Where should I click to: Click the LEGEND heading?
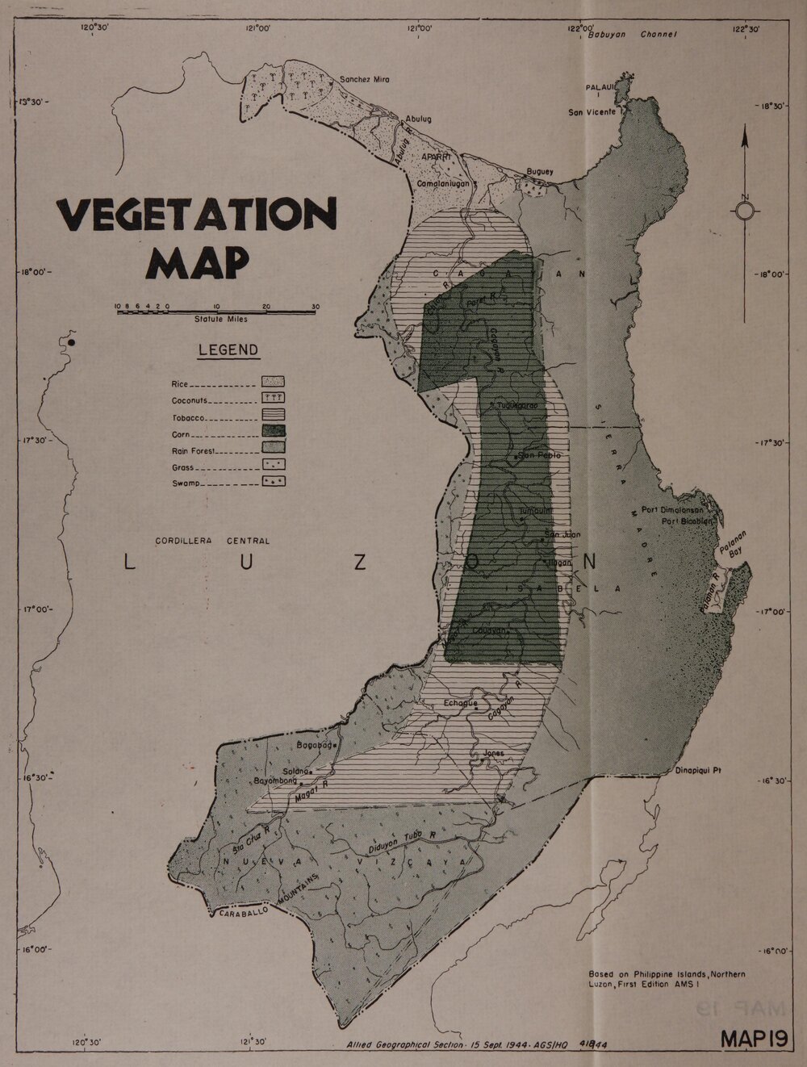[x=229, y=350]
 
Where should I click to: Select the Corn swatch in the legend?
[x=274, y=431]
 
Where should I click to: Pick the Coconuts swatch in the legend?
[x=274, y=398]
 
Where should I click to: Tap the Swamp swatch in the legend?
[x=274, y=481]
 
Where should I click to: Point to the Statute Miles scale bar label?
[x=220, y=319]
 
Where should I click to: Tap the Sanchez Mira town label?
[x=364, y=80]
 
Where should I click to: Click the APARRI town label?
[x=433, y=157]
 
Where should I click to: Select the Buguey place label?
[x=540, y=172]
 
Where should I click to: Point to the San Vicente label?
[x=592, y=112]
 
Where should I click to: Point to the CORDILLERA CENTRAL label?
[x=213, y=541]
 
